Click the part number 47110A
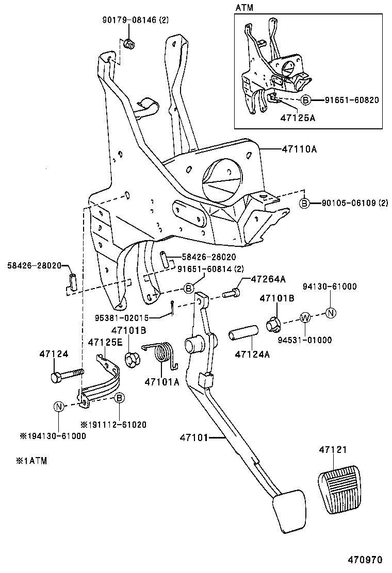click(299, 149)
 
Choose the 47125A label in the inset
click(298, 117)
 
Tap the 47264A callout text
click(268, 279)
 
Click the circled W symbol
click(304, 317)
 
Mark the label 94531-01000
click(306, 340)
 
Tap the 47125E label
click(105, 342)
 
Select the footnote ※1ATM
click(31, 461)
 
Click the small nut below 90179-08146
click(130, 44)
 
